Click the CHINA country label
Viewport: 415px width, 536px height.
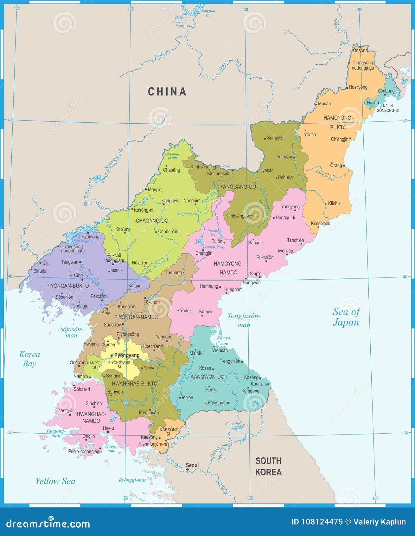167,92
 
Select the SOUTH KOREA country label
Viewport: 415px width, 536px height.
268,466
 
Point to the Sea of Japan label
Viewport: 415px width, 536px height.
346,317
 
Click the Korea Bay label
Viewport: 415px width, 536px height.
29,359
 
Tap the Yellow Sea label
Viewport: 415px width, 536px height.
55,481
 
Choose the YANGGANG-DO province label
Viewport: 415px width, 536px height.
238,187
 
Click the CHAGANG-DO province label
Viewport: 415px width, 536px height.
152,221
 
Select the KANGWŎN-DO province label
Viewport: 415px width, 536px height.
207,377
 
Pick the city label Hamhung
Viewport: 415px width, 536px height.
209,286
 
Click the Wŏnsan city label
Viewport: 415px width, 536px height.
220,350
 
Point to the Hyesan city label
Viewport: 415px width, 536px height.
266,170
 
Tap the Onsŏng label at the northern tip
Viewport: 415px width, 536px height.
360,50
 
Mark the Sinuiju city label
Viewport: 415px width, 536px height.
40,271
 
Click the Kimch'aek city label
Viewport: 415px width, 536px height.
320,223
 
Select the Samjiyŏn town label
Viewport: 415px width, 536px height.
276,138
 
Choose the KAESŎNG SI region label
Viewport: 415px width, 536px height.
169,432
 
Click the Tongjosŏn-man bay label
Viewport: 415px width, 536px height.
244,320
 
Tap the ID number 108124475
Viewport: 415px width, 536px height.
317,522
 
